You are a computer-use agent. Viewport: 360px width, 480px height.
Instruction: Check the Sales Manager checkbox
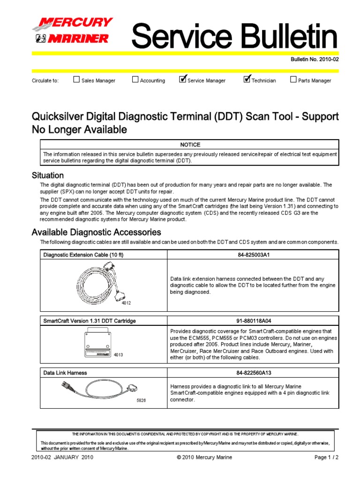[x=76, y=80]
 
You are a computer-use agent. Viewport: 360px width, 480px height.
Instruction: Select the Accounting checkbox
[x=135, y=80]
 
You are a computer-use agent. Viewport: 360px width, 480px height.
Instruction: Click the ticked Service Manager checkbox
[x=183, y=79]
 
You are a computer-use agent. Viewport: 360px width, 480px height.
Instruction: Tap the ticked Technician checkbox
[x=247, y=79]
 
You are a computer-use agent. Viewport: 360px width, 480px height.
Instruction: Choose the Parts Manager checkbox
[x=293, y=80]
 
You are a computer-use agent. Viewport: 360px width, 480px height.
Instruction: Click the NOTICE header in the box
[x=189, y=145]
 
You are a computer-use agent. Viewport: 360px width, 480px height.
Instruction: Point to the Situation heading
[x=47, y=175]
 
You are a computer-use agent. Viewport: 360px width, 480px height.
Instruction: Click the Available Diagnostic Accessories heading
[x=96, y=232]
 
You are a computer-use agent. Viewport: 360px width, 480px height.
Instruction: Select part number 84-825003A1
[x=253, y=255]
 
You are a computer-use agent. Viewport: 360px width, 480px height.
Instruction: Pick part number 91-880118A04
[x=253, y=321]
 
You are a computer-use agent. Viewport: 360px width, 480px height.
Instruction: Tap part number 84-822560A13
[x=253, y=373]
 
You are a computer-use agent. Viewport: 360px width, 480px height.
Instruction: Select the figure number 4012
[x=126, y=303]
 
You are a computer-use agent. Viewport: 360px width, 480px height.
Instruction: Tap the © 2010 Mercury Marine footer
[x=204, y=457]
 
